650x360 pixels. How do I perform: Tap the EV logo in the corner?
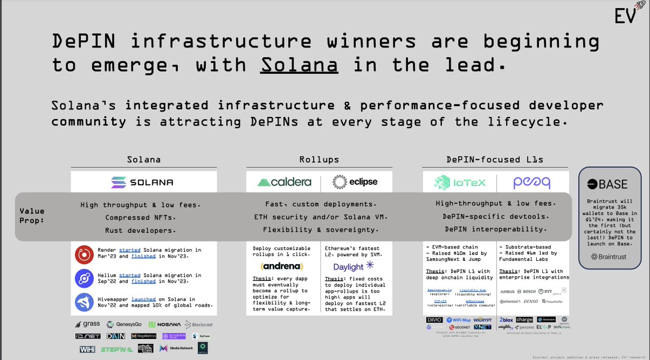626,16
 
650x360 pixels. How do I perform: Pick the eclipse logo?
355,182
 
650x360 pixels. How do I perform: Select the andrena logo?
283,266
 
